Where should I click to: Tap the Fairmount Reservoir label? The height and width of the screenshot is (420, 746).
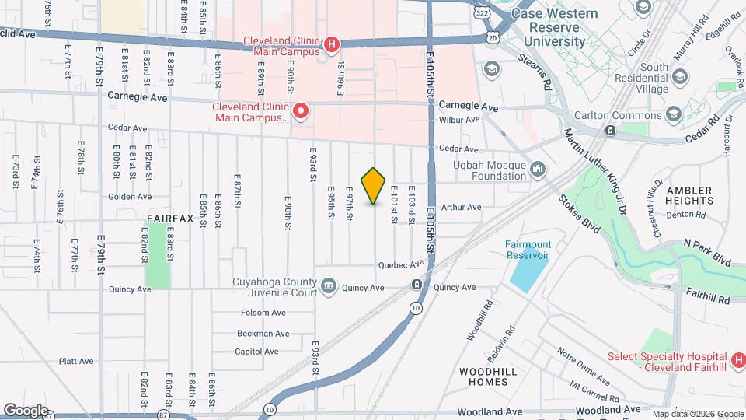click(x=528, y=249)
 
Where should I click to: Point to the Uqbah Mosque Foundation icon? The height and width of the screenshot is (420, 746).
click(x=539, y=170)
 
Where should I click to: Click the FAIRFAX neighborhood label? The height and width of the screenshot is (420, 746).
click(x=169, y=219)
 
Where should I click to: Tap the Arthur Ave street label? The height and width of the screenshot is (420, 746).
click(x=462, y=208)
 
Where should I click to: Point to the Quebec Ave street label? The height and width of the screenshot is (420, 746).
click(x=401, y=264)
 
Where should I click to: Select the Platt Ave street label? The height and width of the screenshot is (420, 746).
click(x=76, y=361)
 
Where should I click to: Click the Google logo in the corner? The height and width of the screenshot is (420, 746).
click(x=26, y=410)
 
